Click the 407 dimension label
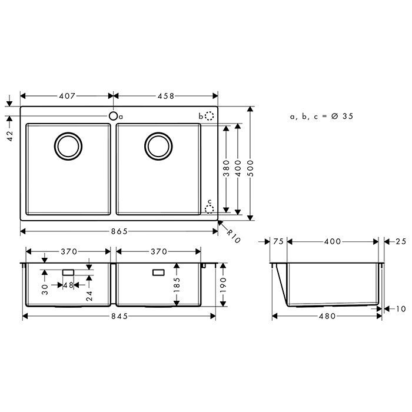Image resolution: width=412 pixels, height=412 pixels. tap(67, 95)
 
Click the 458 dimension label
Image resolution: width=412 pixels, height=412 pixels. tap(165, 95)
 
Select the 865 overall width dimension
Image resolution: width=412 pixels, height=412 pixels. tap(119, 231)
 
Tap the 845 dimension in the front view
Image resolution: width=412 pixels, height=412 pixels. tap(119, 316)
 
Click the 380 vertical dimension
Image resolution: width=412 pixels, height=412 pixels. tap(225, 170)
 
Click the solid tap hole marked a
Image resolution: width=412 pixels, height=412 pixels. tap(112, 117)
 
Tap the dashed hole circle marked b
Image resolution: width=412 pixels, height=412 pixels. tap(209, 117)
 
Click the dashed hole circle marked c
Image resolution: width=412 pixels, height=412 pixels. tap(209, 207)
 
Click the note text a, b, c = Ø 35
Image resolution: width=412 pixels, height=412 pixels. tap(321, 117)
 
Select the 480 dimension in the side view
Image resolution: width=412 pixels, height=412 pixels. tap(327, 316)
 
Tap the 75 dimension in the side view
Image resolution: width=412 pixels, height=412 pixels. tap(278, 241)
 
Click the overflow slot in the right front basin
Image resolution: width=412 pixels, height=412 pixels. tap(158, 273)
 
